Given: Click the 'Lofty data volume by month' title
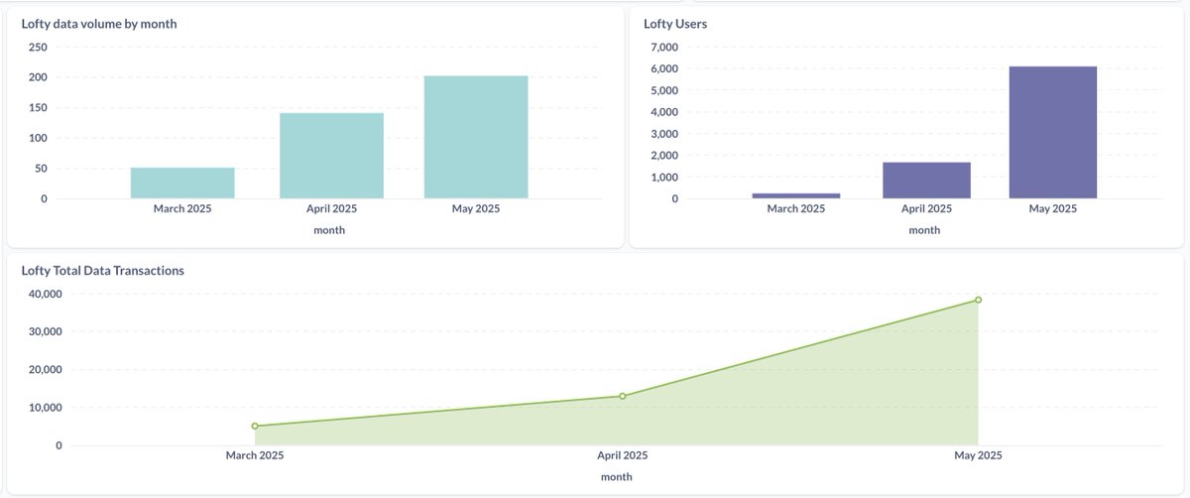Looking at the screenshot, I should point(99,24).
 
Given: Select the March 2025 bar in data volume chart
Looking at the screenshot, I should point(182,184).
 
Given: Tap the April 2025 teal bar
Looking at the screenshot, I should point(331,156).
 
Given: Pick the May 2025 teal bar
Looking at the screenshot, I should point(476,137).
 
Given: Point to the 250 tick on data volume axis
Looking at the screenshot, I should point(37,47).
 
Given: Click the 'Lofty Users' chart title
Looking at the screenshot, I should point(675,24).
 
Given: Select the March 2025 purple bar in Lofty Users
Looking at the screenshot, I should point(795,195).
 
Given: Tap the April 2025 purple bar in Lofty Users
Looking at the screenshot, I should point(926,181).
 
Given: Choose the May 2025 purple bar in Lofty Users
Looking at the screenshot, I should point(1053,133).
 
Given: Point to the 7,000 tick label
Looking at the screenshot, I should point(662,47).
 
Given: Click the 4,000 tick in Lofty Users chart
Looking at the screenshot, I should point(662,112).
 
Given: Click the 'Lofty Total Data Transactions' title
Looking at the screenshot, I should point(103,270).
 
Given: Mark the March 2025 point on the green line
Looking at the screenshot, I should point(255,426).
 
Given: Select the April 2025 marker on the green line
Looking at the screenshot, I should point(622,396).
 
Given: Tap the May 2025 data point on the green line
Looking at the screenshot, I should point(978,300).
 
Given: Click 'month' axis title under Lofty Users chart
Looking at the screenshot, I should point(924,230).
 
